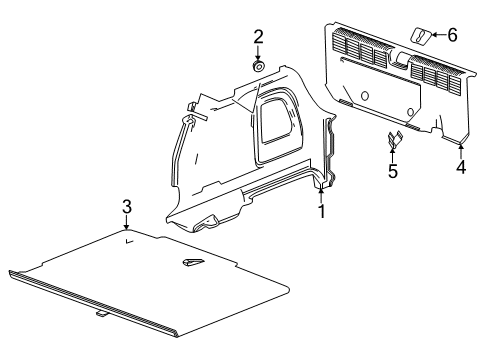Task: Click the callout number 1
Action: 321,212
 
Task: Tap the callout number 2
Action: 258,38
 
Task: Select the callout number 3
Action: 127,207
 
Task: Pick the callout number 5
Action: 393,172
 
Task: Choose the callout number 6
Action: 452,35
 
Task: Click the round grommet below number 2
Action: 257,67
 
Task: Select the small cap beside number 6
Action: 423,38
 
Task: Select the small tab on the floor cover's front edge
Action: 102,342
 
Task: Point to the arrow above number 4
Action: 461,150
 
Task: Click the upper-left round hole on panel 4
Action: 365,97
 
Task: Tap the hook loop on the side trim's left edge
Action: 188,120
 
